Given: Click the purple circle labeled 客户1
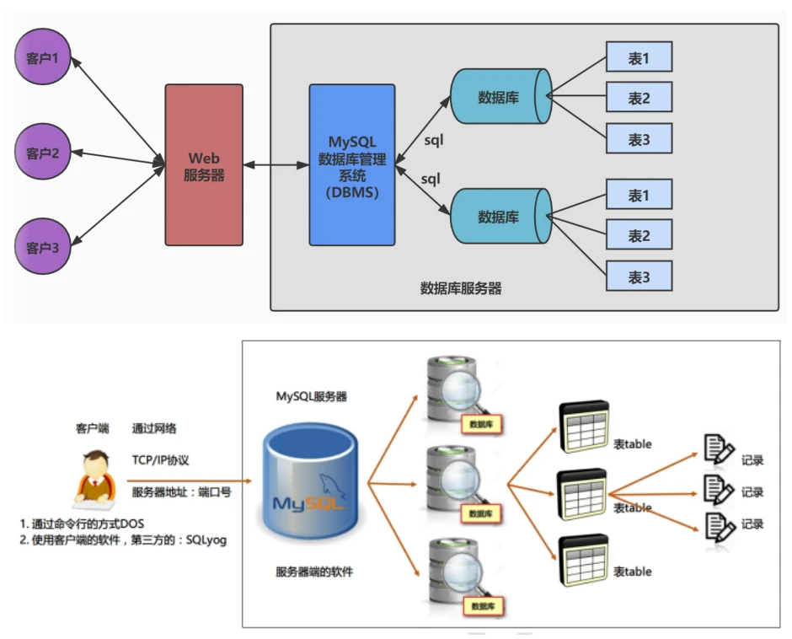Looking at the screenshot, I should click(43, 58).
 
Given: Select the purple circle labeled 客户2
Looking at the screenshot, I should click(43, 153).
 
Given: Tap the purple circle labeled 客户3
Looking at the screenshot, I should click(43, 247).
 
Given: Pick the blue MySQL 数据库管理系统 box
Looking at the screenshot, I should click(351, 164).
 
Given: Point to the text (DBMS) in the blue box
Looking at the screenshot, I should click(351, 192).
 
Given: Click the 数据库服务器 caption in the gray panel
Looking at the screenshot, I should click(460, 288).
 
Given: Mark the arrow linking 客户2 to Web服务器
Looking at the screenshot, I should click(118, 156).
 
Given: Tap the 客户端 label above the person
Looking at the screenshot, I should click(92, 428).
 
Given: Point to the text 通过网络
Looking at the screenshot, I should click(154, 428).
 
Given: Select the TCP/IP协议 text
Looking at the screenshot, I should click(161, 460).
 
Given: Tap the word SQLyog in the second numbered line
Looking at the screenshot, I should click(206, 540).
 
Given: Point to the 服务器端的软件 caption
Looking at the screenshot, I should click(314, 572).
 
